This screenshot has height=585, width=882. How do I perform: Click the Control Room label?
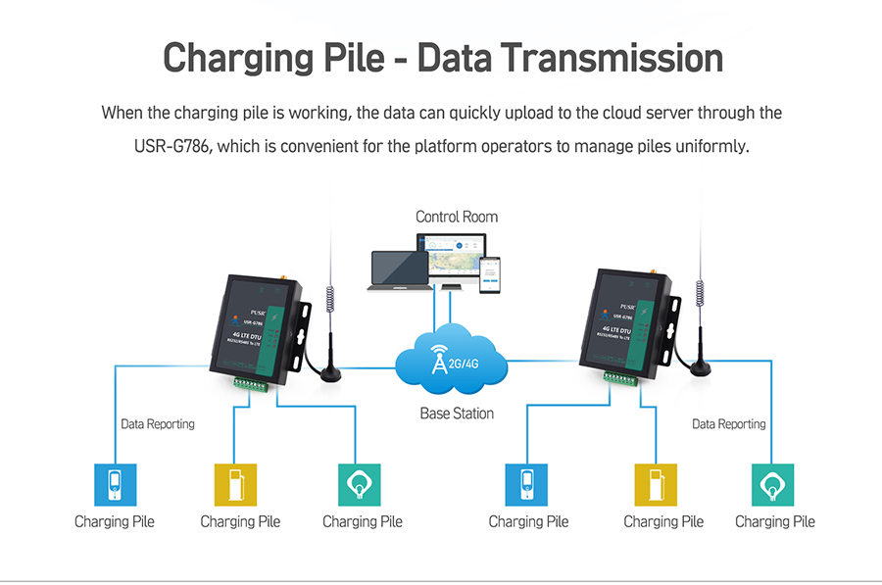pos(456,217)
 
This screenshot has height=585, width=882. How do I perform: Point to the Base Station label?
pos(457,414)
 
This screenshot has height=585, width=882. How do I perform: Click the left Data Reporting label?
pos(158,424)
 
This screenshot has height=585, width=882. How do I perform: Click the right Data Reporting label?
pos(729,424)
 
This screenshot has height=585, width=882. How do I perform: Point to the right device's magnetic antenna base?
pos(701,366)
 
